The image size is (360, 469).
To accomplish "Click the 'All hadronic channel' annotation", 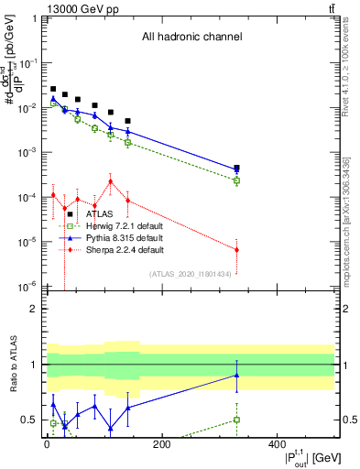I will click(191, 38).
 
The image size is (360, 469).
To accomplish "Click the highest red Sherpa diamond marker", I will click(111, 181).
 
